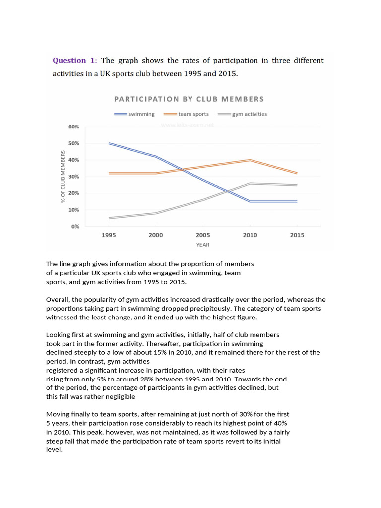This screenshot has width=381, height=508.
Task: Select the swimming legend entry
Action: point(134,114)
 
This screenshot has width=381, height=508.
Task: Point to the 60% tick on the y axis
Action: point(73,127)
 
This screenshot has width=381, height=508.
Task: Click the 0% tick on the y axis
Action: point(75,226)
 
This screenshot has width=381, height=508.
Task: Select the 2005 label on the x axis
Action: point(203,235)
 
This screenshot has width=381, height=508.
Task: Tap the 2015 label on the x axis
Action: point(297,235)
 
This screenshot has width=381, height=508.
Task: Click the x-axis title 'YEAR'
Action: point(202,245)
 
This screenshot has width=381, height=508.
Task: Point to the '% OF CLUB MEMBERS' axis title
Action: point(63,177)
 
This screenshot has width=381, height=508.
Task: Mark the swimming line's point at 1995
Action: point(109,143)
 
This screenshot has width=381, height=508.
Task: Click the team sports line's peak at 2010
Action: point(250,160)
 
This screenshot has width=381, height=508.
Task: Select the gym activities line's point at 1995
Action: point(109,218)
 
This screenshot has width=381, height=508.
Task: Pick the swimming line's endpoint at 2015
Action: point(297,201)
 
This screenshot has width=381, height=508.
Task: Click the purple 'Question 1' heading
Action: point(74,60)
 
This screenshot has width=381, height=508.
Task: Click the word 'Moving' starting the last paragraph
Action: point(59,414)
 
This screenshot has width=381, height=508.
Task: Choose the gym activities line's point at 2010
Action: point(250,183)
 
